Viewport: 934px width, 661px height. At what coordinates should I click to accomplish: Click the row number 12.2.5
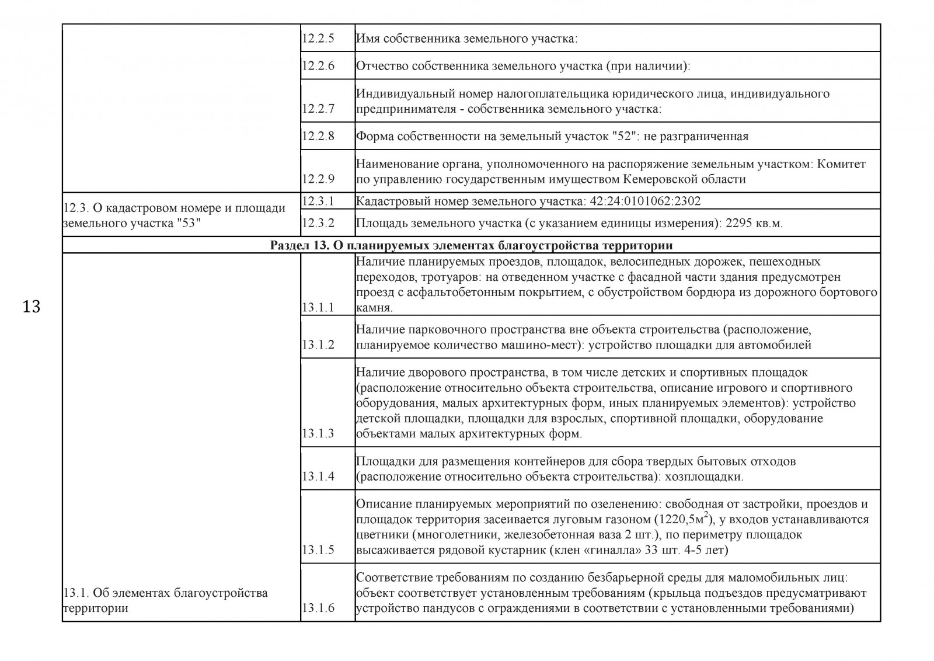[318, 39]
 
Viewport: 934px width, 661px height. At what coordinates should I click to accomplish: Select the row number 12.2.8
[318, 137]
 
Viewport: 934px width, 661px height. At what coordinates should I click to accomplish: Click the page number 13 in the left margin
[32, 306]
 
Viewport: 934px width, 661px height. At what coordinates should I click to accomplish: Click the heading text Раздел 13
[297, 245]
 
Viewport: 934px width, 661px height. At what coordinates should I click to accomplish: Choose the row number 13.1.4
[318, 476]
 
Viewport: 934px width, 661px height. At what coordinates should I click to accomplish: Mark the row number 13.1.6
[318, 608]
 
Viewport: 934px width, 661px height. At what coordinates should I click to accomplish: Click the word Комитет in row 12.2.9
[841, 164]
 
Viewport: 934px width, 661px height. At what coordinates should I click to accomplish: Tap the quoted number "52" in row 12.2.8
[626, 137]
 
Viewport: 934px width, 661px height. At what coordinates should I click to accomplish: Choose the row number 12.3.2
[318, 224]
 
